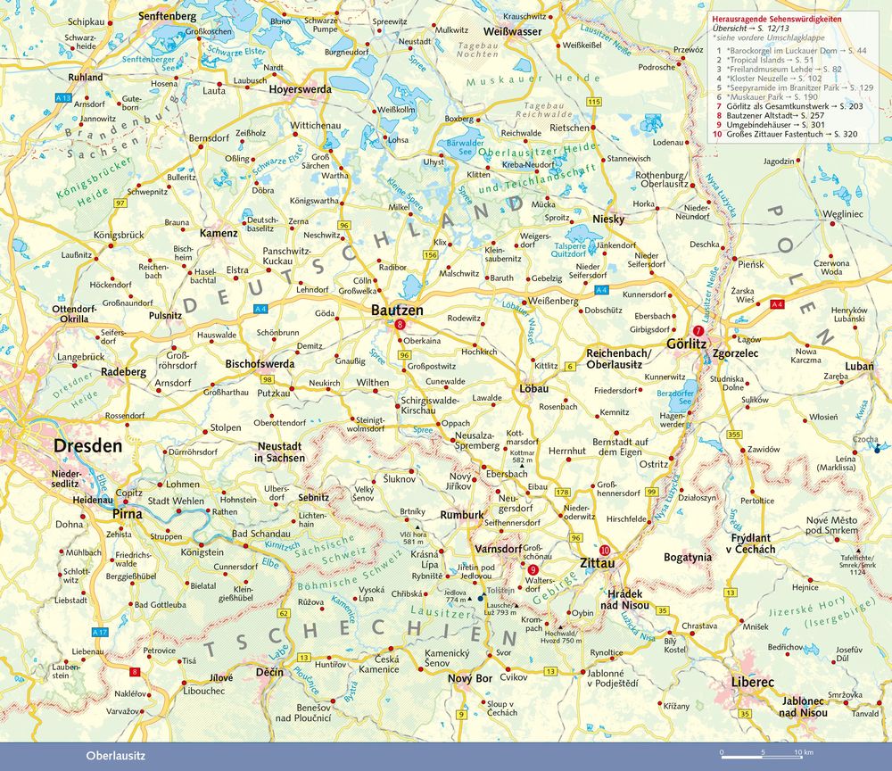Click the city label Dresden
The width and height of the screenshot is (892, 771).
pos(87,445)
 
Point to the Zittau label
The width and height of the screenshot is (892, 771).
pos(598,564)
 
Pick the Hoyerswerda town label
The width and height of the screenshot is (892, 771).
pos(301,90)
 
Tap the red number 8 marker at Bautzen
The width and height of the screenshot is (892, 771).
pos(400,325)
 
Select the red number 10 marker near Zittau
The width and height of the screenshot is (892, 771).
pos(606,550)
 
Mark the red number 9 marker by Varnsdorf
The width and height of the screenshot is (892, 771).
pos(533,570)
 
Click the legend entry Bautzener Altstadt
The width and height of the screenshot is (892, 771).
pos(772,117)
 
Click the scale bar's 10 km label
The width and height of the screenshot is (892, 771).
pos(805,752)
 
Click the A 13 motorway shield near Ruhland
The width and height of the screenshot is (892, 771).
pos(62,95)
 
